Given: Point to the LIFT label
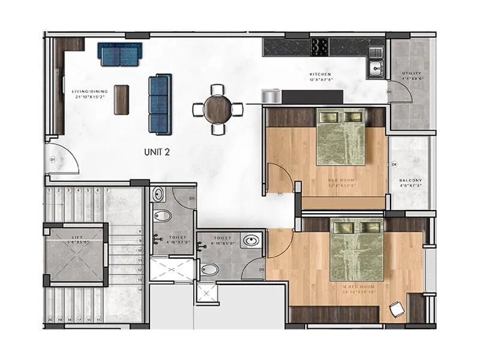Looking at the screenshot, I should coord(77,237).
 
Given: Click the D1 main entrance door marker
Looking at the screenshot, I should coord(53,160).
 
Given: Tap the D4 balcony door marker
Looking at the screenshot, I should coord(394,164).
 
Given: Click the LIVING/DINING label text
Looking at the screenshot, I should coord(90,91).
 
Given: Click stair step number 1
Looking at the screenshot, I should coord(50,191).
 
